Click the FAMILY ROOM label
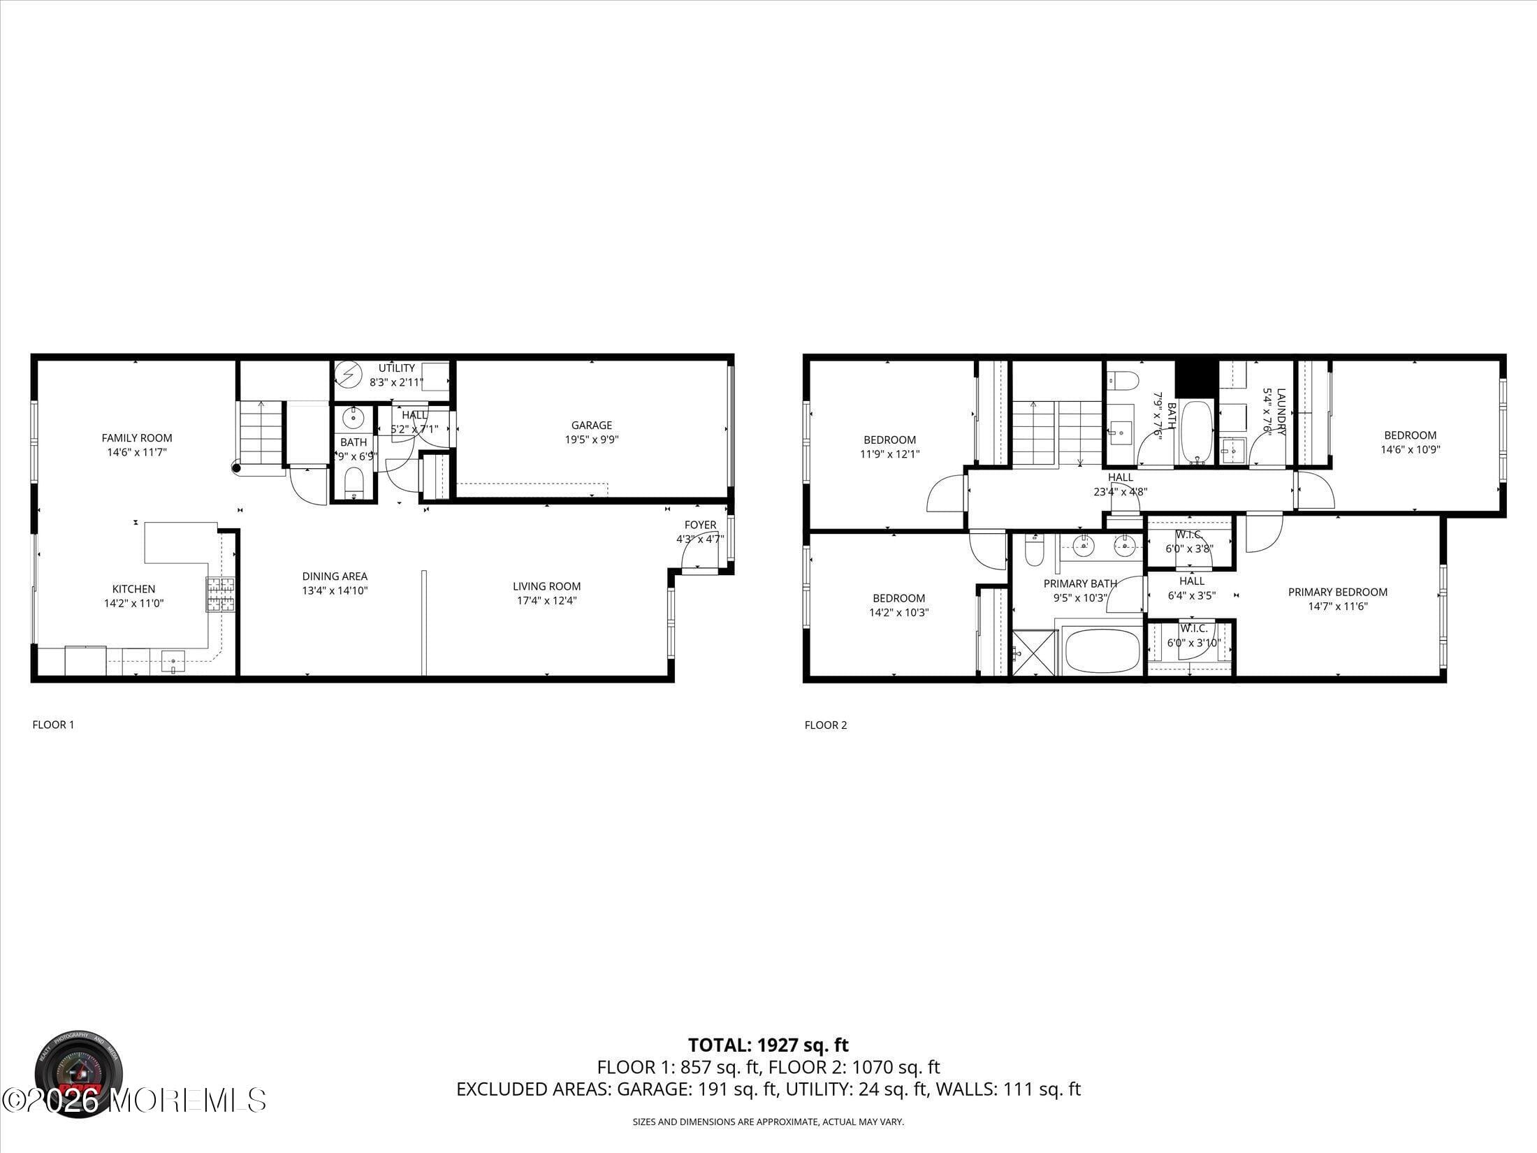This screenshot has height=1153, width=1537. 137,438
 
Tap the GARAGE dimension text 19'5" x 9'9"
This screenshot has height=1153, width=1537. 592,440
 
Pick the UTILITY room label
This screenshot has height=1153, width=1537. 397,368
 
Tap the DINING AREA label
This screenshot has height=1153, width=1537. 335,576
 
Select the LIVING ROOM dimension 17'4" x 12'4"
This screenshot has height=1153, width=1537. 546,600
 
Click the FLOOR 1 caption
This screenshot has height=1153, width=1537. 53,725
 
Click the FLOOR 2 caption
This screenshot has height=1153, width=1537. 825,725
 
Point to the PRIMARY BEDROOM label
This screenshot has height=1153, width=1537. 1337,592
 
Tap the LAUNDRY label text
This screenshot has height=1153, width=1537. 1281,412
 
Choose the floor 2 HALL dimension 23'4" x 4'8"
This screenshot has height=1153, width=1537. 1120,491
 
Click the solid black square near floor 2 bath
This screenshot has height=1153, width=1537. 1196,378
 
